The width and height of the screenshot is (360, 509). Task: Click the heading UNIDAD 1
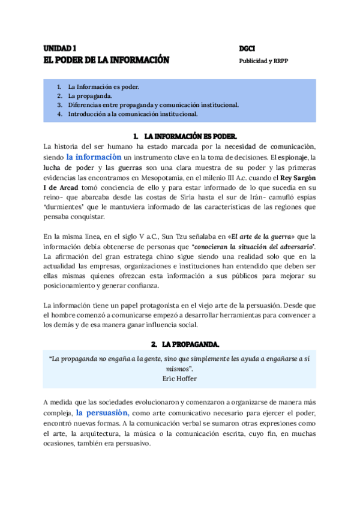coord(60,47)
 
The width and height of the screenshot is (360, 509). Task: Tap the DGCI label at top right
coord(247,47)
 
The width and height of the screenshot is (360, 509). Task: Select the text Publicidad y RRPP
coord(264,60)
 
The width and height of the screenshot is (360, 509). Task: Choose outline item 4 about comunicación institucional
coord(133,113)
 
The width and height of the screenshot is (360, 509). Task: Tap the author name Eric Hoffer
coord(180,379)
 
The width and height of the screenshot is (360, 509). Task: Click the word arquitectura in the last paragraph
coord(96,433)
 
